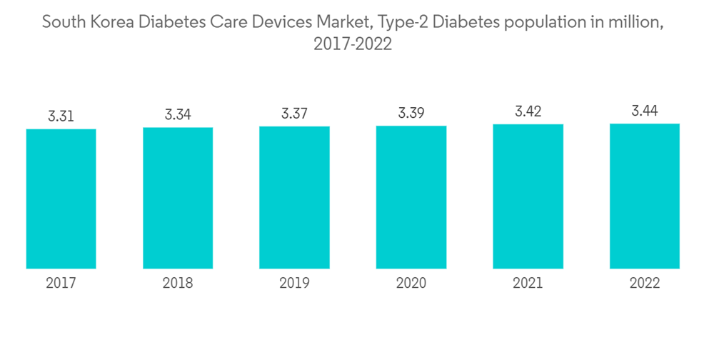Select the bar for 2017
click(61, 199)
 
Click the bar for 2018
click(178, 198)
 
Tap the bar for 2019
click(294, 197)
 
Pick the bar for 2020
click(411, 197)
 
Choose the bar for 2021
click(528, 196)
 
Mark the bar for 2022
click(645, 196)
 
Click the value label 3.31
click(61, 116)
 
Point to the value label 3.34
click(178, 114)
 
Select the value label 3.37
click(294, 114)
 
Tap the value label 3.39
click(411, 113)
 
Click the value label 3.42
click(528, 111)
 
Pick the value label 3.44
click(645, 111)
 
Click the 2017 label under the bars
click(61, 284)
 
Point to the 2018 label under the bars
click(178, 284)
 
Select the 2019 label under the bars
click(294, 284)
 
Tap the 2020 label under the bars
click(411, 284)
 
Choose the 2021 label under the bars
click(528, 284)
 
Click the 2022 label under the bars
click(645, 284)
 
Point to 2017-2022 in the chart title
click(353, 44)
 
